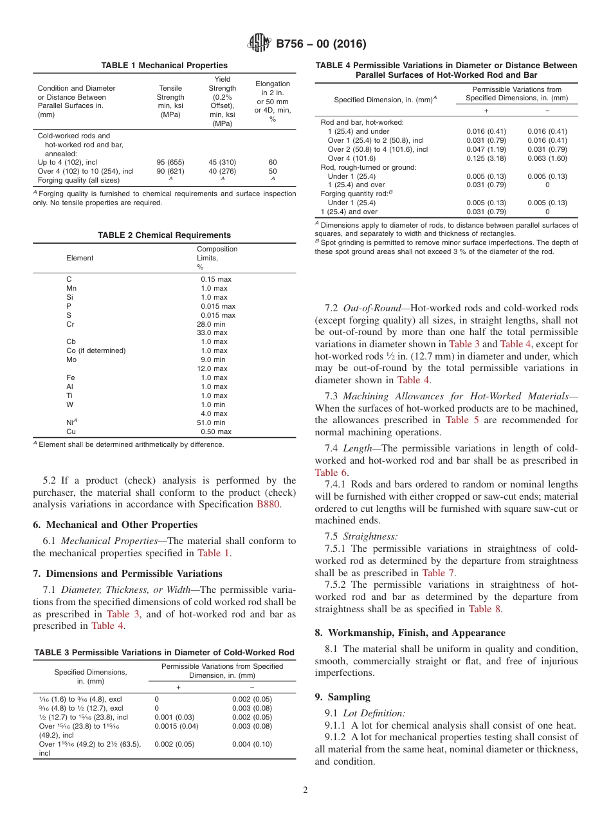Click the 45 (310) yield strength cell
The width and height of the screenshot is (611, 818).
(222, 163)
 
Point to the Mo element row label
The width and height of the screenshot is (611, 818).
(71, 359)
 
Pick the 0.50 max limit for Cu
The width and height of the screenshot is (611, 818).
(215, 432)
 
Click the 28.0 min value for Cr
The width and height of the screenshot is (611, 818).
(212, 324)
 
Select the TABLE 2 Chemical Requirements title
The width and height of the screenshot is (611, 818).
(164, 235)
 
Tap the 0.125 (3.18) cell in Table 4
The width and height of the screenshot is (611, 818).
(486, 158)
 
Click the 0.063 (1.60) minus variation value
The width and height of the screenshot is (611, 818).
(547, 158)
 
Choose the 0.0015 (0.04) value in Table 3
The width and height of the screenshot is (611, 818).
(176, 726)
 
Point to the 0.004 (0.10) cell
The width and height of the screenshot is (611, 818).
(251, 744)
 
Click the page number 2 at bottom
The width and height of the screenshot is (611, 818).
(305, 790)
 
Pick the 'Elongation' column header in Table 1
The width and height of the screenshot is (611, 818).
(273, 84)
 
